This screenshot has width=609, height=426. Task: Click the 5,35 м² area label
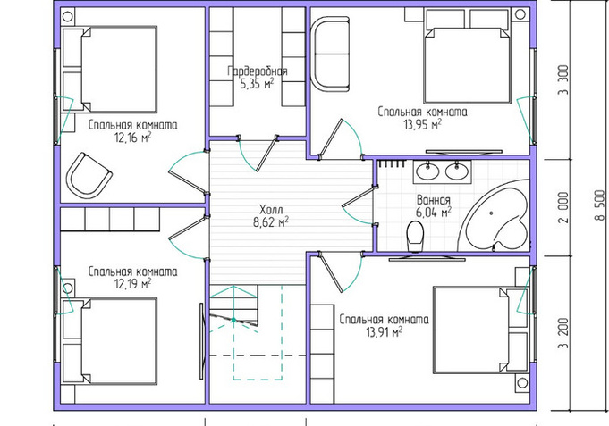point(257,84)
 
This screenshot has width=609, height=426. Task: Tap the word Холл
point(271,210)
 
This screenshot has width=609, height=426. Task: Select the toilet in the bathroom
point(415,237)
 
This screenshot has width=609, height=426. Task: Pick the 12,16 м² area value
point(133,138)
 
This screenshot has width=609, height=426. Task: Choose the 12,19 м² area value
point(133,284)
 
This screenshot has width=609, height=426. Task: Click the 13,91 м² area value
point(384,332)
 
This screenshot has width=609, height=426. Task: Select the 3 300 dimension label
point(562,79)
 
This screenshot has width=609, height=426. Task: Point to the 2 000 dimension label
point(562,207)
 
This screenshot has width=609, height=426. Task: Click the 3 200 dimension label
point(562,334)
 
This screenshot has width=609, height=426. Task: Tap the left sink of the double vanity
point(427,171)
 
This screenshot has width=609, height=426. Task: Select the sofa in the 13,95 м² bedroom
point(331,54)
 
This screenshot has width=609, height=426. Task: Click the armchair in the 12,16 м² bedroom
point(89,176)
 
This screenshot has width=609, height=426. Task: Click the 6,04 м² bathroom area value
point(434,213)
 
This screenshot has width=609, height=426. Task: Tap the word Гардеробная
point(258,71)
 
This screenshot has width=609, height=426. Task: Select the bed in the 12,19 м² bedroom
point(119,341)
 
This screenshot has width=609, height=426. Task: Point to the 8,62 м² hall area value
point(271,222)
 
